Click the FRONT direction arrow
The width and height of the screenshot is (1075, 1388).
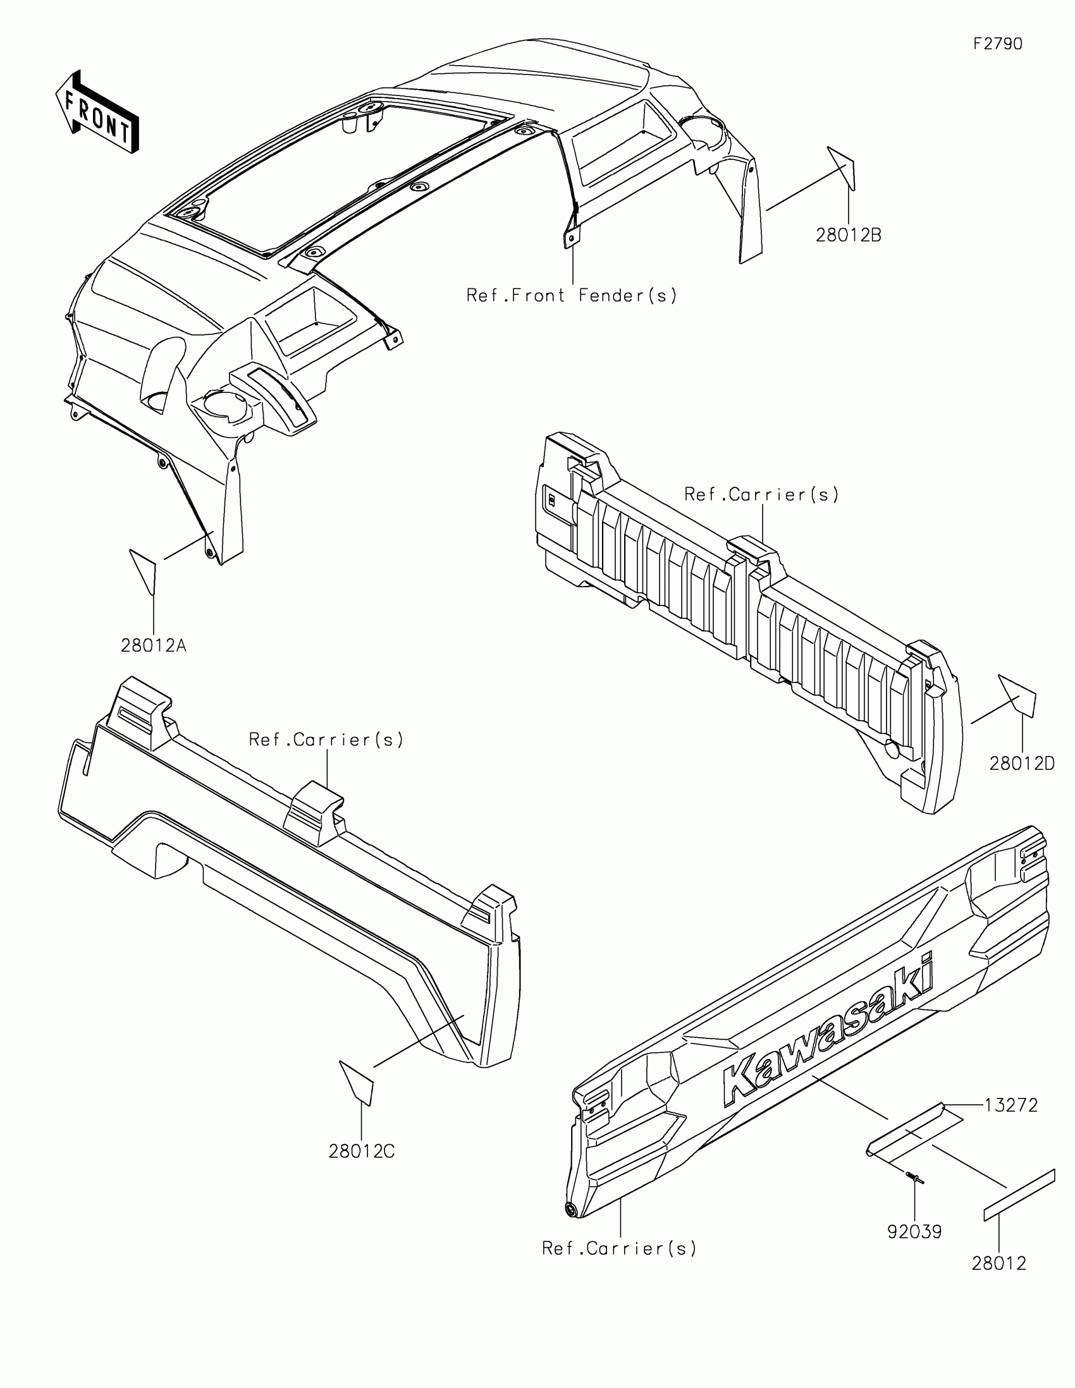coord(97,111)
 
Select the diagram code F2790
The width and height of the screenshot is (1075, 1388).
coord(998,44)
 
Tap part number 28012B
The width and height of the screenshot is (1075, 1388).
coord(849,236)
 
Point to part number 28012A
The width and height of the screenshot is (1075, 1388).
coord(153,647)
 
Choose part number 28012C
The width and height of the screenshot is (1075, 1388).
coord(361,1151)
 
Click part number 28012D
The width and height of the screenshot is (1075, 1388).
coord(1022,764)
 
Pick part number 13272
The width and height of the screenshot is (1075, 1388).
coord(1010,1106)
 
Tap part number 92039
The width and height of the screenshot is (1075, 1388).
coord(914,1233)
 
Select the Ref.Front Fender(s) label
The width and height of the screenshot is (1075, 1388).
coord(572,296)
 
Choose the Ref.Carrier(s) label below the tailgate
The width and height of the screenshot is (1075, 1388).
coord(619,1249)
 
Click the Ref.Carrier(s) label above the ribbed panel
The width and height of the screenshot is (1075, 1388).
coord(761,494)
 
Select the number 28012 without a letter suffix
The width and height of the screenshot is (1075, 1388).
coord(998,1263)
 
